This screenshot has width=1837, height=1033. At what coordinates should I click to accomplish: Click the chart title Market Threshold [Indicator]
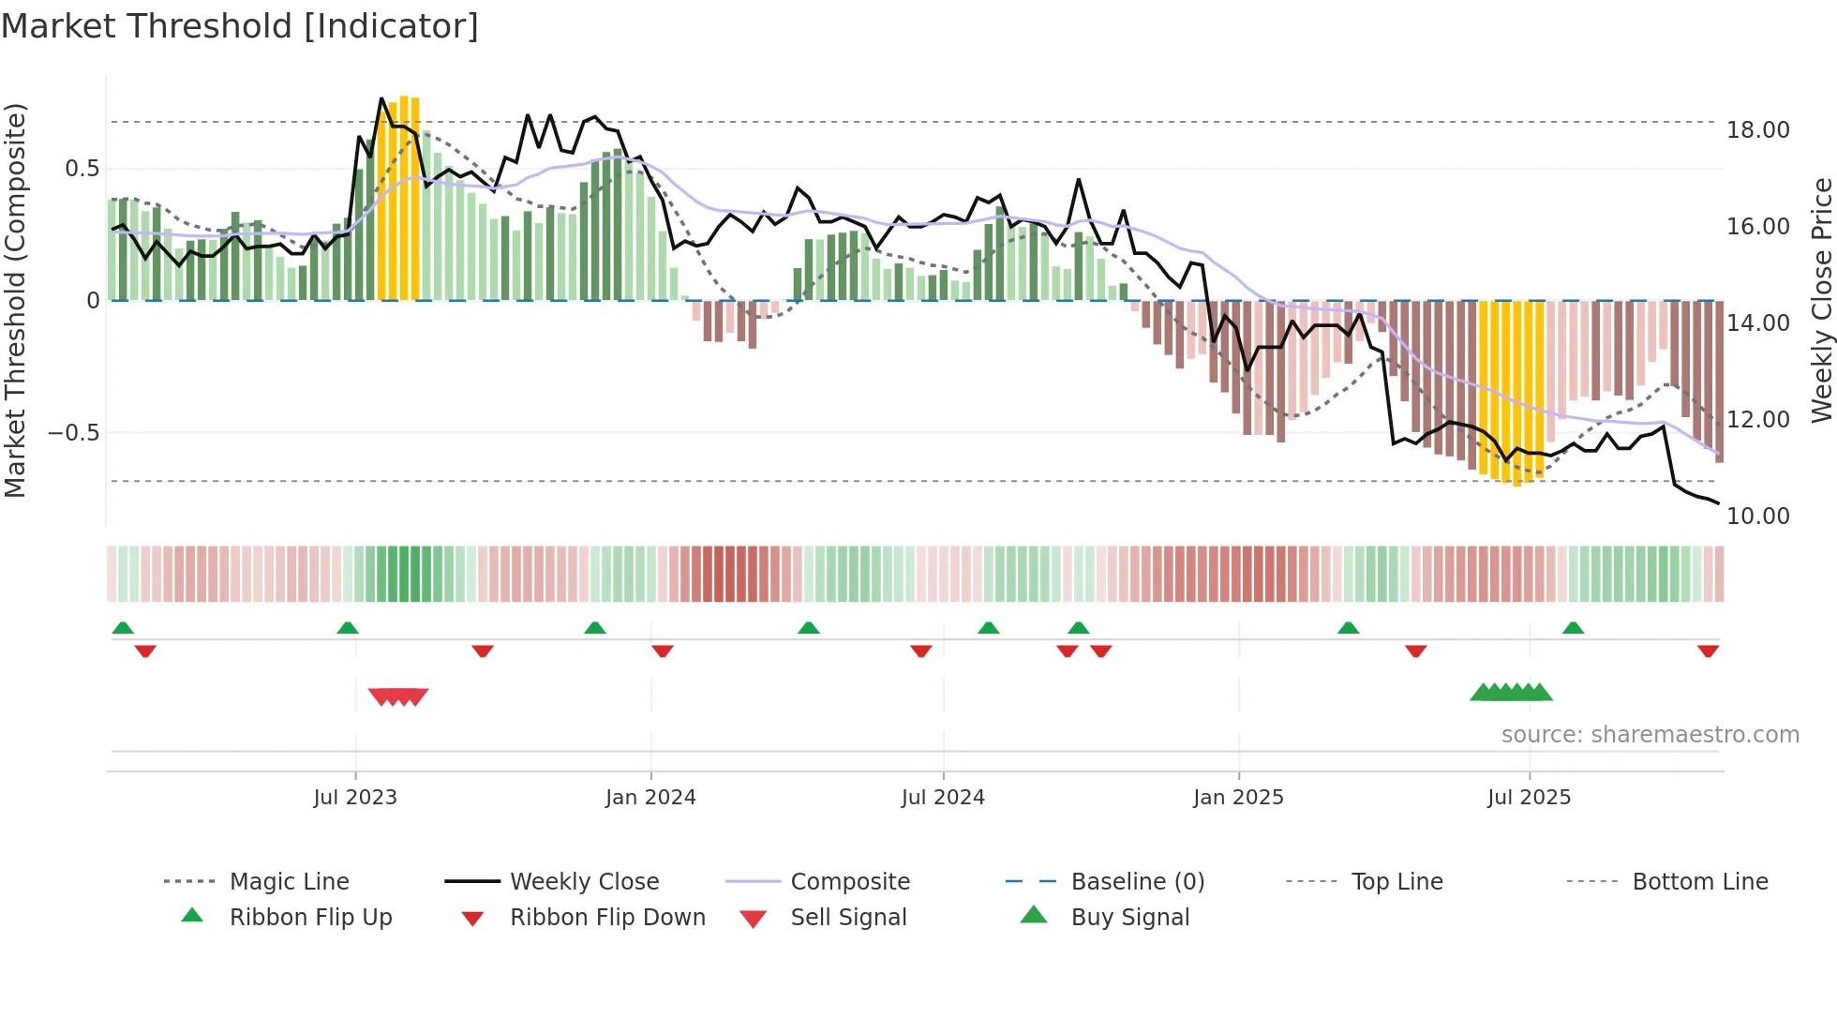pyautogui.click(x=240, y=26)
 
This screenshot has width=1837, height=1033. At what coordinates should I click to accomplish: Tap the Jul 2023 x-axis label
pyautogui.click(x=355, y=798)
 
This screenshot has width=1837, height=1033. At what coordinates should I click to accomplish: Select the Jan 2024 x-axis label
pyautogui.click(x=650, y=798)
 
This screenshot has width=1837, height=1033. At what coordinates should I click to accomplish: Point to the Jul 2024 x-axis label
pyautogui.click(x=943, y=798)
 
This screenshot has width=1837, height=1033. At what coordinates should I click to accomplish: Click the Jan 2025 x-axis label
pyautogui.click(x=1238, y=798)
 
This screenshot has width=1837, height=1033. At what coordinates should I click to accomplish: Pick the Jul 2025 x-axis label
pyautogui.click(x=1529, y=798)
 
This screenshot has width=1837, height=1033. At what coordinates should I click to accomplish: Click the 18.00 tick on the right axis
pyautogui.click(x=1758, y=130)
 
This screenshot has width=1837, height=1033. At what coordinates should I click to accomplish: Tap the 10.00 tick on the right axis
pyautogui.click(x=1758, y=516)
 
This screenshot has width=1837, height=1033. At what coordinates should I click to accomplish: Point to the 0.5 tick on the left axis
pyautogui.click(x=82, y=169)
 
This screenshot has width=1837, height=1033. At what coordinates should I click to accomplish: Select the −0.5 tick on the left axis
pyautogui.click(x=73, y=433)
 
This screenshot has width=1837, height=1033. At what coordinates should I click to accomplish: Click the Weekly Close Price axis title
pyautogui.click(x=1821, y=300)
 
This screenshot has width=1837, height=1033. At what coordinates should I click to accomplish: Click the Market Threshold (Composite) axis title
pyautogui.click(x=15, y=300)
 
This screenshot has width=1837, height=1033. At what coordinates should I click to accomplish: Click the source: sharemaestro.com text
pyautogui.click(x=1650, y=735)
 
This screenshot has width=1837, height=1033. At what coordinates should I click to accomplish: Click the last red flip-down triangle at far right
pyautogui.click(x=1708, y=651)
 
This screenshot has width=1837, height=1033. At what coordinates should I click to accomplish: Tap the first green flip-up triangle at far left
pyautogui.click(x=123, y=628)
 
